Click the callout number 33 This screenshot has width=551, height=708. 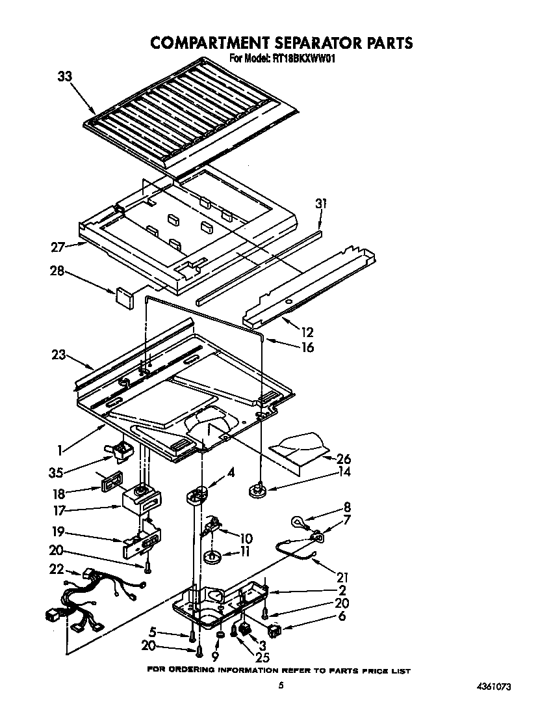pyautogui.click(x=64, y=76)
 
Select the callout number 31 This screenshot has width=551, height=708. pyautogui.click(x=320, y=204)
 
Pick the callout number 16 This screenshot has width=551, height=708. pyautogui.click(x=307, y=347)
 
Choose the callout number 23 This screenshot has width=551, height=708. pyautogui.click(x=58, y=355)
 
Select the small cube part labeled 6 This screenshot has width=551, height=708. pyautogui.click(x=274, y=629)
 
